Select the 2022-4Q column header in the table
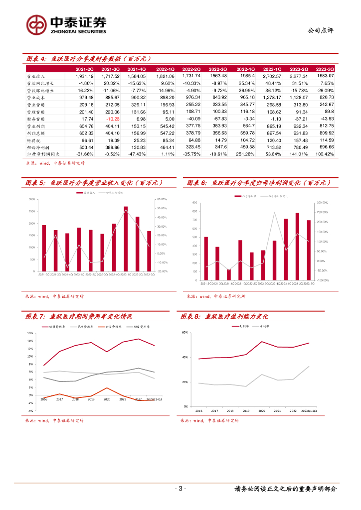tap(245, 69)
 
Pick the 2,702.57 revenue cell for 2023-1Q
tap(272, 76)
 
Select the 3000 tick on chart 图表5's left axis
tap(32, 199)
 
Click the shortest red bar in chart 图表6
tap(229, 274)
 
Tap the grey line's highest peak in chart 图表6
tap(274, 213)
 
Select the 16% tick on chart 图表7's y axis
tap(30, 334)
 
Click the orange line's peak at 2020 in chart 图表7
tap(106, 388)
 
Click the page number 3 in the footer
tap(180, 489)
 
